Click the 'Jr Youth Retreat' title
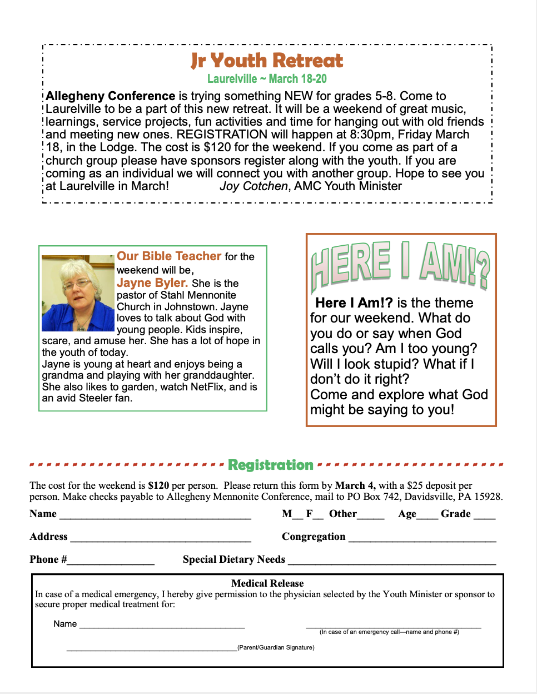267,60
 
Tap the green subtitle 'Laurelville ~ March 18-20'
267,79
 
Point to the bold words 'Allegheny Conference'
111,96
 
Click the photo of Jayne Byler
78,293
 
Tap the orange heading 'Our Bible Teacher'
169,256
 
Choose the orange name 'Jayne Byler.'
152,283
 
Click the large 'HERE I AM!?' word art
400,265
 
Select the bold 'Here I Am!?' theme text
354,303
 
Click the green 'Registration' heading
271,465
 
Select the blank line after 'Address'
161,538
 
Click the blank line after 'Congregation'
422,538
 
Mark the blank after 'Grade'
484,515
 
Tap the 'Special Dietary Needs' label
234,559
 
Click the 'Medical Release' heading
267,583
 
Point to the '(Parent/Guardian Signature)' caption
276,647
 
